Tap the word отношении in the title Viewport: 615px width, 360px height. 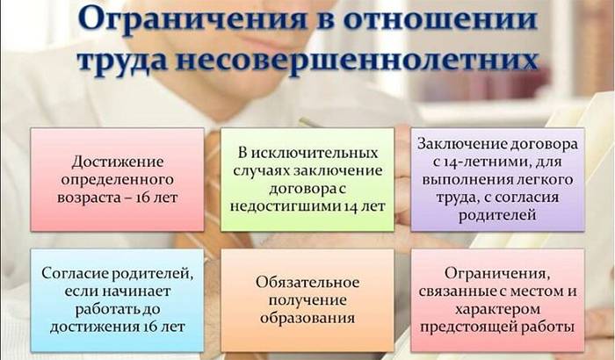click(x=440, y=19)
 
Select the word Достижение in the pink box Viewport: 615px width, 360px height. click(x=117, y=162)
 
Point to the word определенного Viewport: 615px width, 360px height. click(x=117, y=180)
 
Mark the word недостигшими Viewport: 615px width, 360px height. click(x=286, y=206)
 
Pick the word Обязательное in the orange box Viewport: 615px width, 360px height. click(x=307, y=283)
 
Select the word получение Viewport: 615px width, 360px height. click(x=307, y=300)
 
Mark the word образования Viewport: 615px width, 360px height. click(x=307, y=318)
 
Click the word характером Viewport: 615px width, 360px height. click(x=497, y=309)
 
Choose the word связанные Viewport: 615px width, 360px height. click(x=457, y=292)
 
